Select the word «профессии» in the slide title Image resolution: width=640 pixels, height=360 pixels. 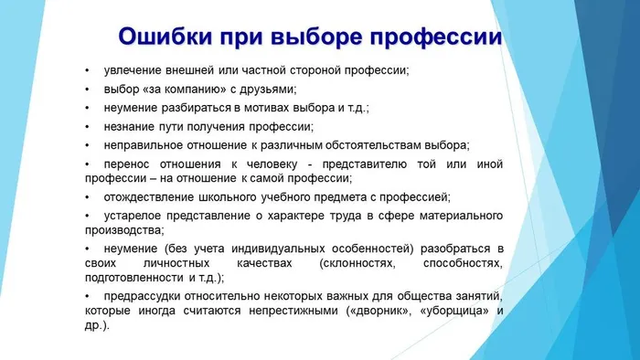tap(438, 38)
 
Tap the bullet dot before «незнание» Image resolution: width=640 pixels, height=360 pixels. tap(86, 126)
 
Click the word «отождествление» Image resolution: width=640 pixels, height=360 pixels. tap(151, 196)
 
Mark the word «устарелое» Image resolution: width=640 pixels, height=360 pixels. tap(133, 215)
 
